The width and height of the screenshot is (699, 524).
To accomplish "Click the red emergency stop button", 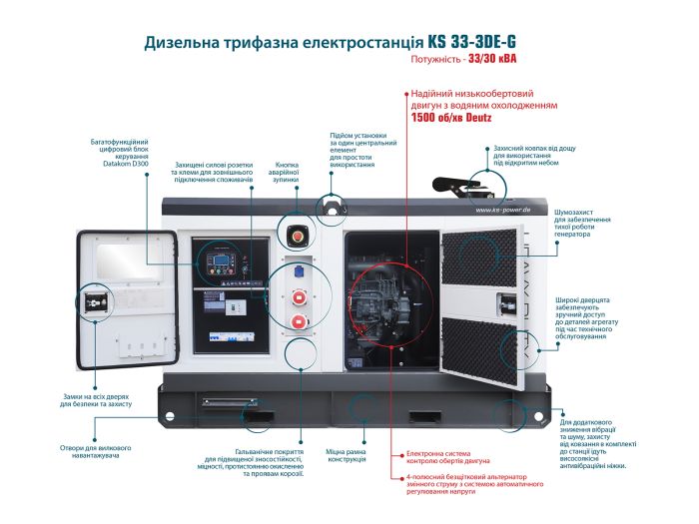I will click(x=298, y=238).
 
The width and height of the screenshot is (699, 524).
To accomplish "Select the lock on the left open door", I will click(x=97, y=302).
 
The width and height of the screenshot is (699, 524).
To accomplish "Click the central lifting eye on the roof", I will click(x=329, y=207).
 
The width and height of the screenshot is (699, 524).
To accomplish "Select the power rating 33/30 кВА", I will click(x=489, y=60).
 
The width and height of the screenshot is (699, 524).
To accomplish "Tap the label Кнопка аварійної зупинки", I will click(x=288, y=173).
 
